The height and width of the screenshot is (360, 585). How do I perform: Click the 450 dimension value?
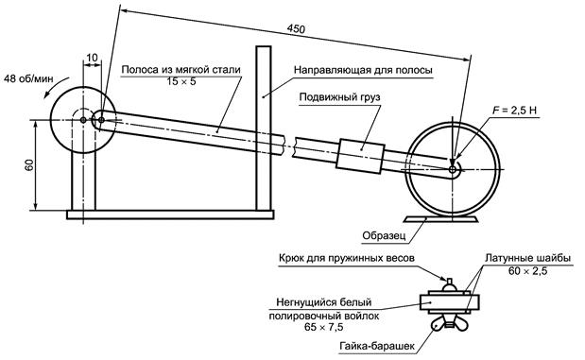pos(296,29)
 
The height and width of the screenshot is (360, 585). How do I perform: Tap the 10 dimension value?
pos(92,58)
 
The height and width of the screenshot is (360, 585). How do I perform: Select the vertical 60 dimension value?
pos(29,164)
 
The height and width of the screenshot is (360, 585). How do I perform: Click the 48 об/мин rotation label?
pos(28,78)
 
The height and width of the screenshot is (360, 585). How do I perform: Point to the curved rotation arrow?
pos(55,85)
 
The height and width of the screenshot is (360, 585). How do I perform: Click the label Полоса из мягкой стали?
pos(181,69)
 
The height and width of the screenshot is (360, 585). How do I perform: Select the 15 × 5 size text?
pos(181,81)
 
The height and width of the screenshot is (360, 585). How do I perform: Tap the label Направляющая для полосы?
pos(363,70)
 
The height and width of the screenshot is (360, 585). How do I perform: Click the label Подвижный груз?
pos(340,97)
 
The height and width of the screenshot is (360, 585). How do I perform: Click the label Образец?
pos(384,236)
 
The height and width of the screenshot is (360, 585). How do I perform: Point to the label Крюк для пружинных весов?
pos(347,258)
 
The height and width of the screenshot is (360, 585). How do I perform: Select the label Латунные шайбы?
pos(527,259)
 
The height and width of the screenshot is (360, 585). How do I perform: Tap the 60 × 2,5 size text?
pos(527,271)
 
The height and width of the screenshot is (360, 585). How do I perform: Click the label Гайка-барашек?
pos(377,346)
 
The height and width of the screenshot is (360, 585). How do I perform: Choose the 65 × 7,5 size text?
pos(324,328)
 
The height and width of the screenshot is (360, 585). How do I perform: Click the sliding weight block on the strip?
pos(360,156)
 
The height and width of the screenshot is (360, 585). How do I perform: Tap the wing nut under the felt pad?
pos(450,324)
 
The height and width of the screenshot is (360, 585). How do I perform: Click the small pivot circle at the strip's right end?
pos(453,170)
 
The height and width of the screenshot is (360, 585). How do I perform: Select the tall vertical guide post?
pos(264,128)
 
